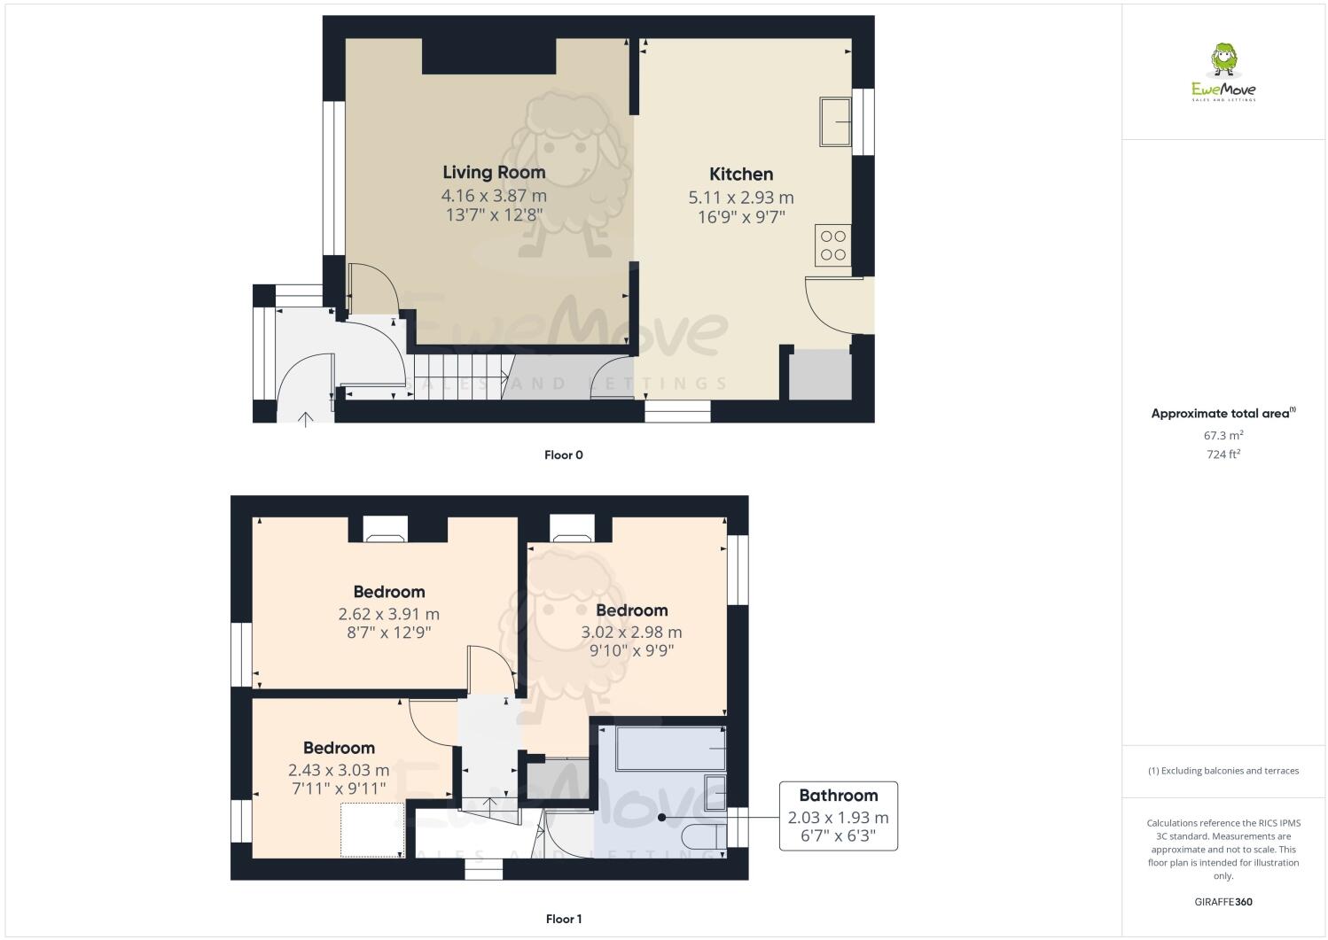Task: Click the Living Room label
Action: coord(494,172)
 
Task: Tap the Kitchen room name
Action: coord(741,174)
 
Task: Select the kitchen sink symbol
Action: coord(836,120)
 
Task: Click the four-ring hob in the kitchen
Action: coord(833,245)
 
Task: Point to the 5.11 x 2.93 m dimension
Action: coord(741,198)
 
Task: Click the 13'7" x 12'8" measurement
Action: coord(494,215)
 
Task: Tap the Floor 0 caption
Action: coord(563,455)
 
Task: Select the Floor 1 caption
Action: coord(563,919)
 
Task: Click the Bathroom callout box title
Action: coord(838,796)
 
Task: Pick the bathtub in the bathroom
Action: coord(671,749)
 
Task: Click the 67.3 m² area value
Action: coord(1223,435)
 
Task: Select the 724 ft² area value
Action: coord(1223,454)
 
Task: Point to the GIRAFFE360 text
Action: coord(1223,902)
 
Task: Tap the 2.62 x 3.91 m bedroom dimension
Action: coord(388,613)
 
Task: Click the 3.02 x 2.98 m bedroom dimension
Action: coord(631,632)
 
